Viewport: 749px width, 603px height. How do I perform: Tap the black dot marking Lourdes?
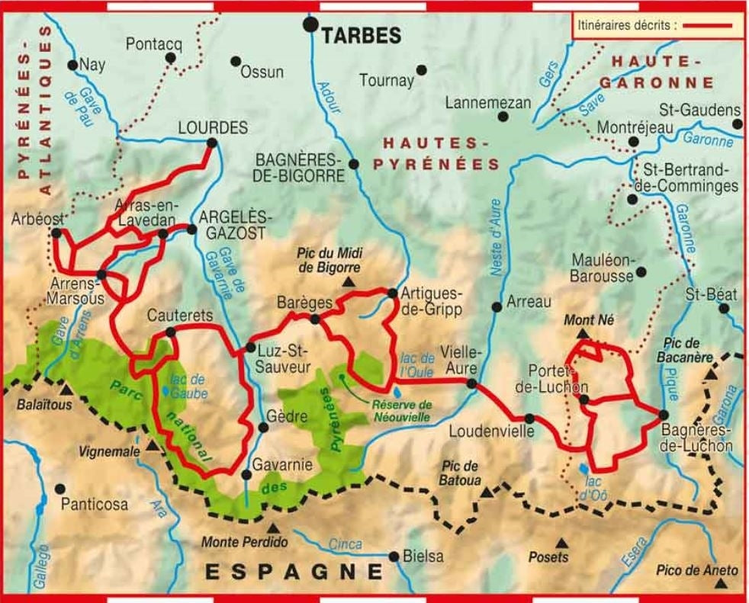pos(212,143)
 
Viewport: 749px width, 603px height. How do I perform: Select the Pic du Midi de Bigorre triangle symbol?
pos(349,283)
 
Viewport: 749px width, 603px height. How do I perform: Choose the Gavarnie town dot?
pos(246,475)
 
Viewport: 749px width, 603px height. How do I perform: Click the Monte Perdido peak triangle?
pos(273,527)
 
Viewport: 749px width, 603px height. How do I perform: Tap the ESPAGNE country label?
pos(293,571)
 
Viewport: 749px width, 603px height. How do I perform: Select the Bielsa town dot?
pos(394,556)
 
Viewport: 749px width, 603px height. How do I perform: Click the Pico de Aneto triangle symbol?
pos(721,585)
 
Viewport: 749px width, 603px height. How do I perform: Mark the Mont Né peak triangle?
pos(582,334)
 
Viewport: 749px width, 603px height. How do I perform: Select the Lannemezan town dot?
pos(503,117)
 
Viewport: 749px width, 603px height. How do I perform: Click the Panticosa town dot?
pos(59,488)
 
